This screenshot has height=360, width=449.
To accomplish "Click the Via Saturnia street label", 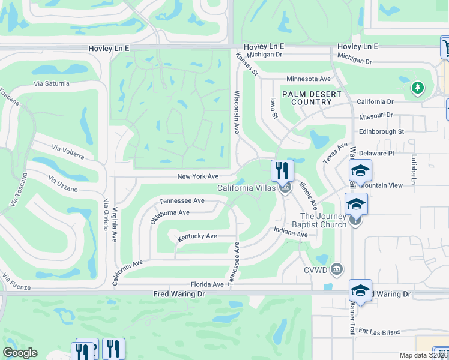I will pos(52,83).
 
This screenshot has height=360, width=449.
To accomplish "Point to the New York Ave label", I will pos(197,176).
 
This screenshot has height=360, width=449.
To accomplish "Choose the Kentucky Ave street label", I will pos(197,236).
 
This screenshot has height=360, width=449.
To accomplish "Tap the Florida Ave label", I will pos(207,284).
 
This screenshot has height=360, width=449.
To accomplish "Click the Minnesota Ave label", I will pos(309,79).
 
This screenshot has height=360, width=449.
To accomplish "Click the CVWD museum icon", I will pos(337,268).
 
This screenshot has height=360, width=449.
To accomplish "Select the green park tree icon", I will pos(418,88).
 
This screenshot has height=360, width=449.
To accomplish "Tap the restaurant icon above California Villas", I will pos(282,170).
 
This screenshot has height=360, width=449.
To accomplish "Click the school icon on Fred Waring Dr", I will pos(360,291).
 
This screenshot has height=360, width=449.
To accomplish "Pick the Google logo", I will pos(20,353).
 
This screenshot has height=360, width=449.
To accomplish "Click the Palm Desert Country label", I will pos(312,98).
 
